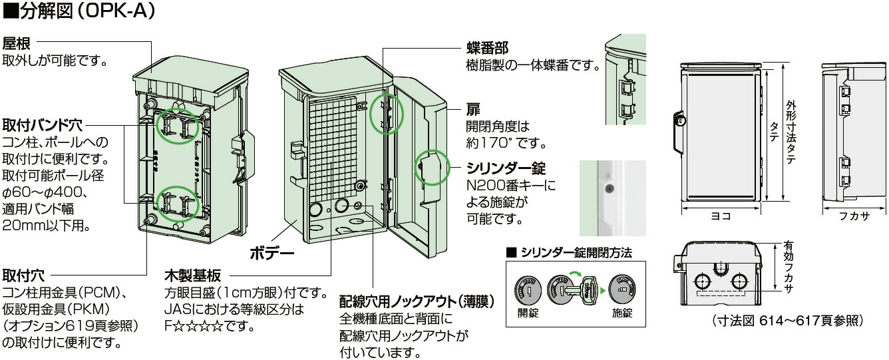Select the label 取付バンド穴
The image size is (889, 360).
click(42, 124)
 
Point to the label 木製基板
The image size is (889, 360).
click(192, 275)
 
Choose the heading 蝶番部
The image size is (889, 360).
click(487, 49)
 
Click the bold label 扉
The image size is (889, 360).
click(472, 108)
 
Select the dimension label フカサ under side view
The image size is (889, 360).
click(855, 216)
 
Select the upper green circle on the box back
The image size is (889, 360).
click(177, 125)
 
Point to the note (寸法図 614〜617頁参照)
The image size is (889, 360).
click(788, 321)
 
